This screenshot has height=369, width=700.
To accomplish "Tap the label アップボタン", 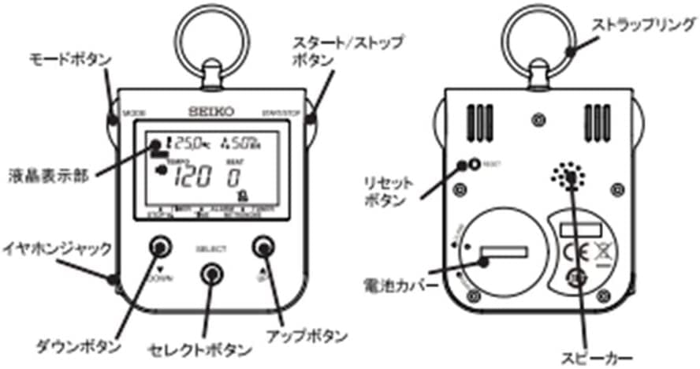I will (x=310, y=336).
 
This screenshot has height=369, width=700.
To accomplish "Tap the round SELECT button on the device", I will (x=210, y=273).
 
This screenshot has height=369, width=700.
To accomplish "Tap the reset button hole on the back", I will (x=474, y=165).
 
